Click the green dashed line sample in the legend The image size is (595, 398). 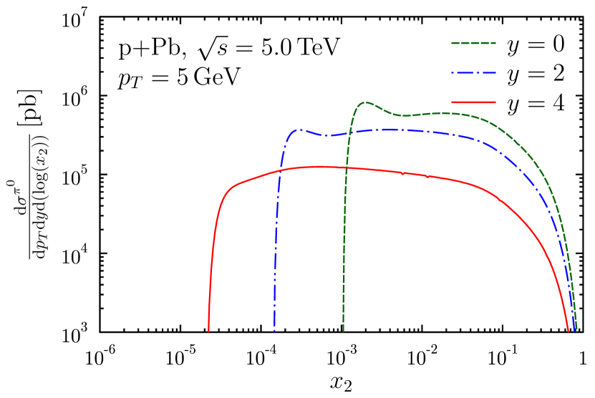tap(473, 43)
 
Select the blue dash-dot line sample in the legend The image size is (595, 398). tap(473, 72)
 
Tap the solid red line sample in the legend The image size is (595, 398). tap(473, 102)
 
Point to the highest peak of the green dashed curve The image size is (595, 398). tap(366, 102)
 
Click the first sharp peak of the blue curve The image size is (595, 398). tap(300, 130)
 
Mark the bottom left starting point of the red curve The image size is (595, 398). tap(208, 331)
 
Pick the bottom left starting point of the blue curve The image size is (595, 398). tap(274, 331)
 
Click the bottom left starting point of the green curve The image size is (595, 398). tap(343, 331)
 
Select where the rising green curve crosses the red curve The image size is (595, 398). tap(347, 168)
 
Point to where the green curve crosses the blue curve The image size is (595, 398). tap(349, 132)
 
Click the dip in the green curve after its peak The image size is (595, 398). tap(403, 115)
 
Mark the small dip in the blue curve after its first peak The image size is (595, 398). tap(326, 135)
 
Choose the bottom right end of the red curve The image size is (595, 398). tap(569, 331)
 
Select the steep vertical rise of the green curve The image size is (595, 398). tap(344, 229)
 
